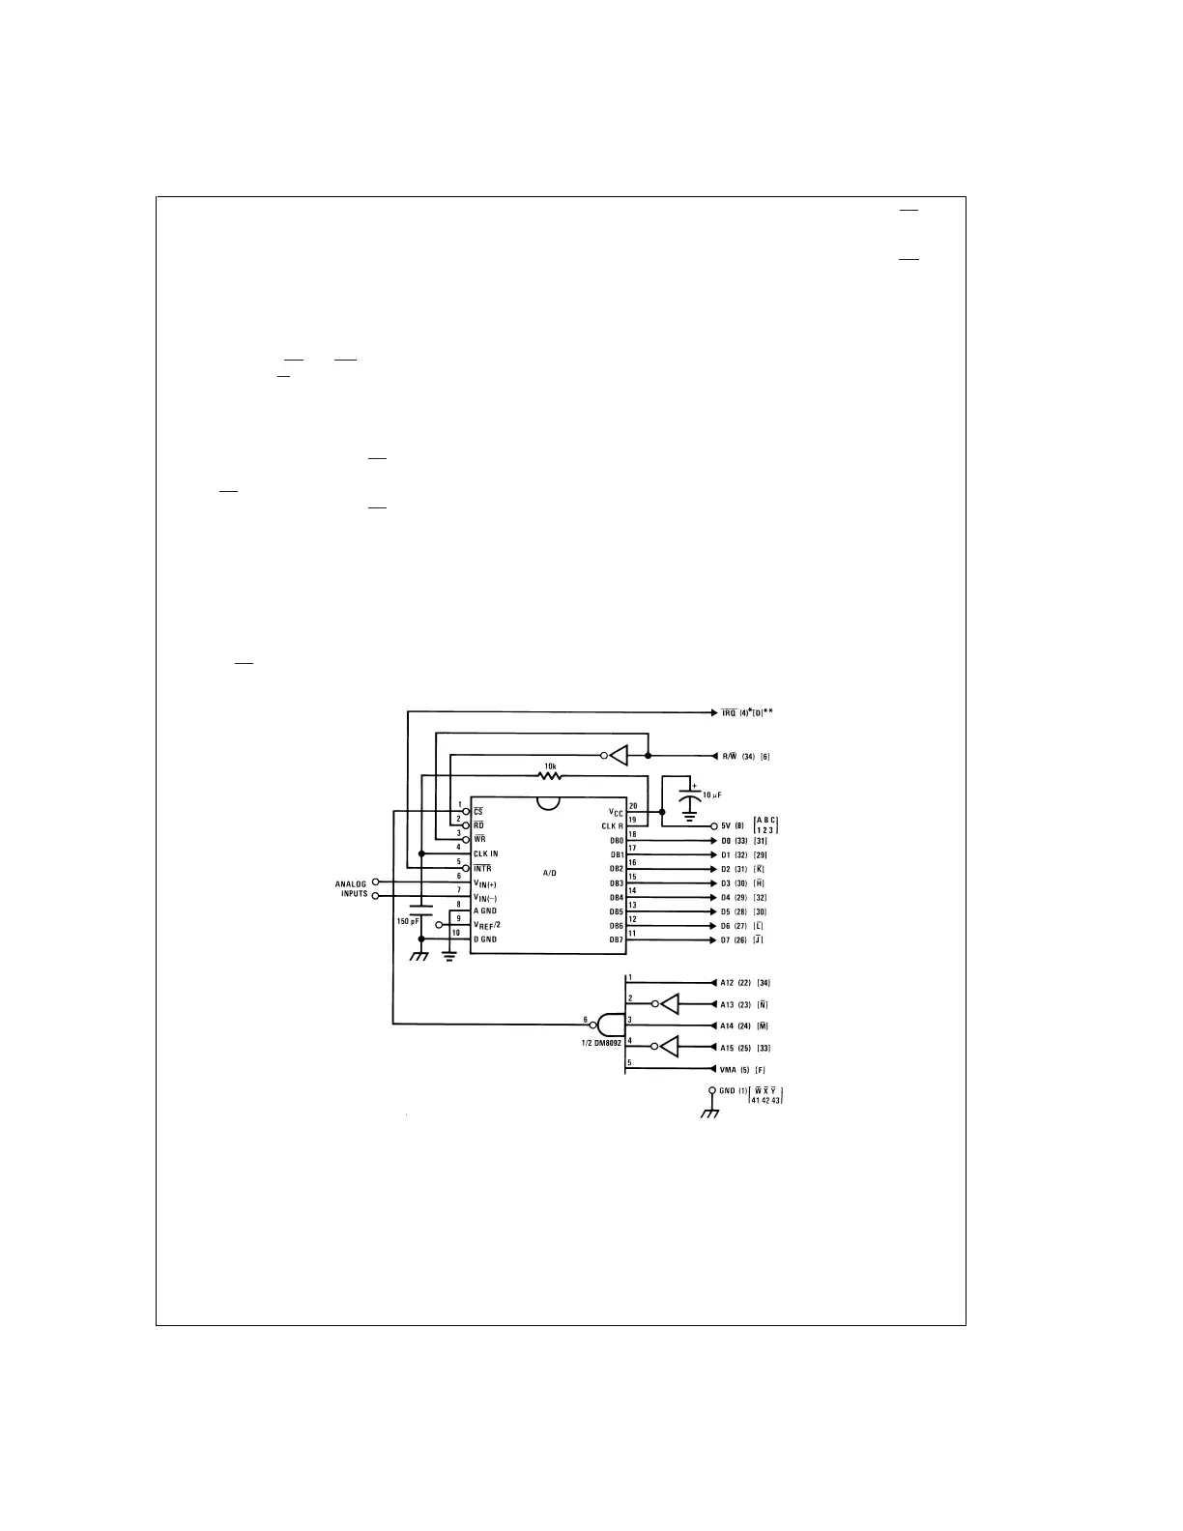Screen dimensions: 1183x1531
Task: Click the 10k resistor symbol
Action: point(550,775)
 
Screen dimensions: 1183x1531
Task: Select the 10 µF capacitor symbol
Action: point(688,801)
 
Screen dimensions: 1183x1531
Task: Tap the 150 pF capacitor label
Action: point(409,921)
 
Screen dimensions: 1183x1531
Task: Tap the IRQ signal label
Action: point(729,713)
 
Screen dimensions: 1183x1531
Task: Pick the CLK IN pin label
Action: point(485,854)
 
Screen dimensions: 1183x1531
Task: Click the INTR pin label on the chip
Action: point(481,869)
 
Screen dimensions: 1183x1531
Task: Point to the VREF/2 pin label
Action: point(486,925)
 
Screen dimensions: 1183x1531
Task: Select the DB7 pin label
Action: point(616,939)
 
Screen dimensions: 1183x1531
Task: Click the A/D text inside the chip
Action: point(549,873)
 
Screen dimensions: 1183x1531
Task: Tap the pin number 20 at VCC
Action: point(633,805)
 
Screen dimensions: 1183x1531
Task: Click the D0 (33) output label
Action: point(735,840)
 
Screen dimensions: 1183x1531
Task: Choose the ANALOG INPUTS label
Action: point(351,888)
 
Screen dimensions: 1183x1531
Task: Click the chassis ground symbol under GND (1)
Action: point(711,1112)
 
